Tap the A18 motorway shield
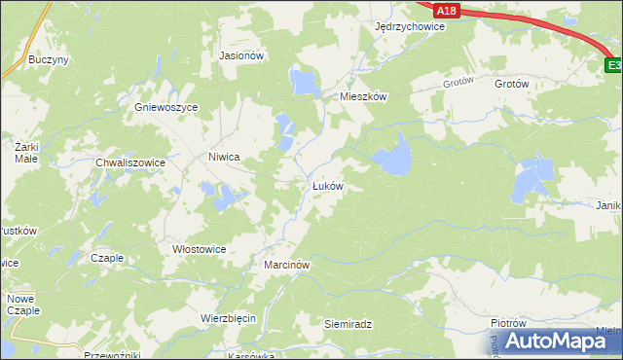click(446, 10)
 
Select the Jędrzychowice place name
click(409, 27)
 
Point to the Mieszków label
click(363, 97)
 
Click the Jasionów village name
click(242, 56)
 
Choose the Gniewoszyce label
click(167, 107)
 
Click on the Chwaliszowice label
click(129, 162)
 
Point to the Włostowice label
click(199, 249)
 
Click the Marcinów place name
click(286, 265)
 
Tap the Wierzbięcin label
click(227, 318)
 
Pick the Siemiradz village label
click(348, 323)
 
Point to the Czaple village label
click(106, 258)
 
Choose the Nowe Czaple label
click(23, 304)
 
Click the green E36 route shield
click(613, 65)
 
